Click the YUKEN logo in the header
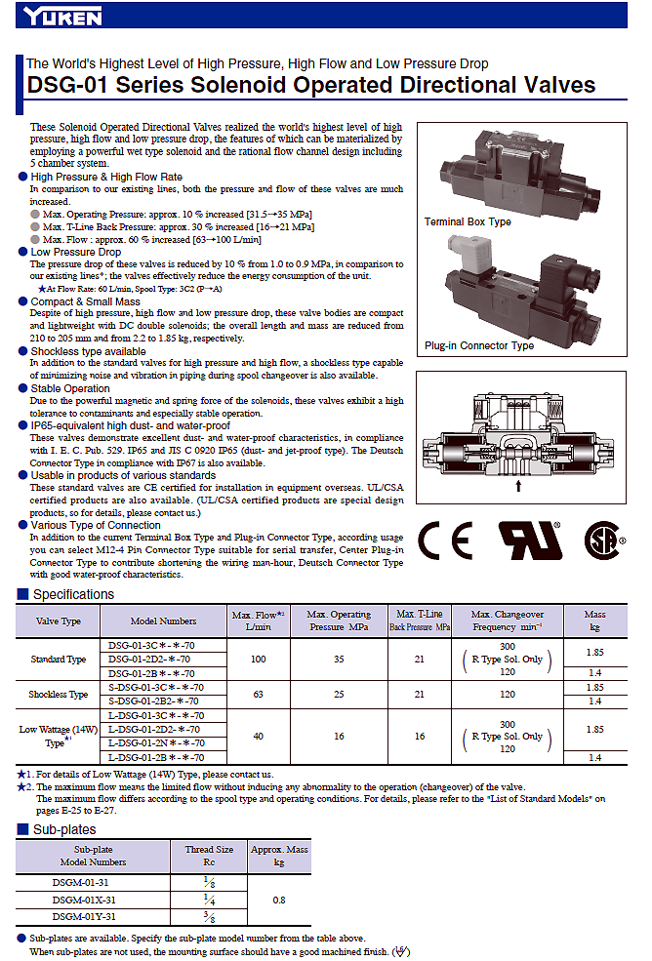point(62,16)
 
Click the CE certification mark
point(445,541)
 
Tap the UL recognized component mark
point(530,541)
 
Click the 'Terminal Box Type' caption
point(468,221)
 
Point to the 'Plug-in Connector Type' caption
point(479,345)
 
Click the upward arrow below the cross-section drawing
point(518,486)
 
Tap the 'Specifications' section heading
point(73,594)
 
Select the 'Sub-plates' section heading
point(64,829)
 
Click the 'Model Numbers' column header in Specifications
point(163,621)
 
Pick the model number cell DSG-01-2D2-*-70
point(149,660)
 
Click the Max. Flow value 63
point(259,695)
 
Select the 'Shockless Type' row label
point(59,695)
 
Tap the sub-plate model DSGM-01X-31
point(84,900)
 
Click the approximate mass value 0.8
point(279,900)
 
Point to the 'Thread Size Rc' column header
point(209,856)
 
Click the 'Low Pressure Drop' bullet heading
point(76,252)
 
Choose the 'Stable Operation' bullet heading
point(70,388)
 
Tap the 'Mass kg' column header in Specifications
point(595,621)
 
